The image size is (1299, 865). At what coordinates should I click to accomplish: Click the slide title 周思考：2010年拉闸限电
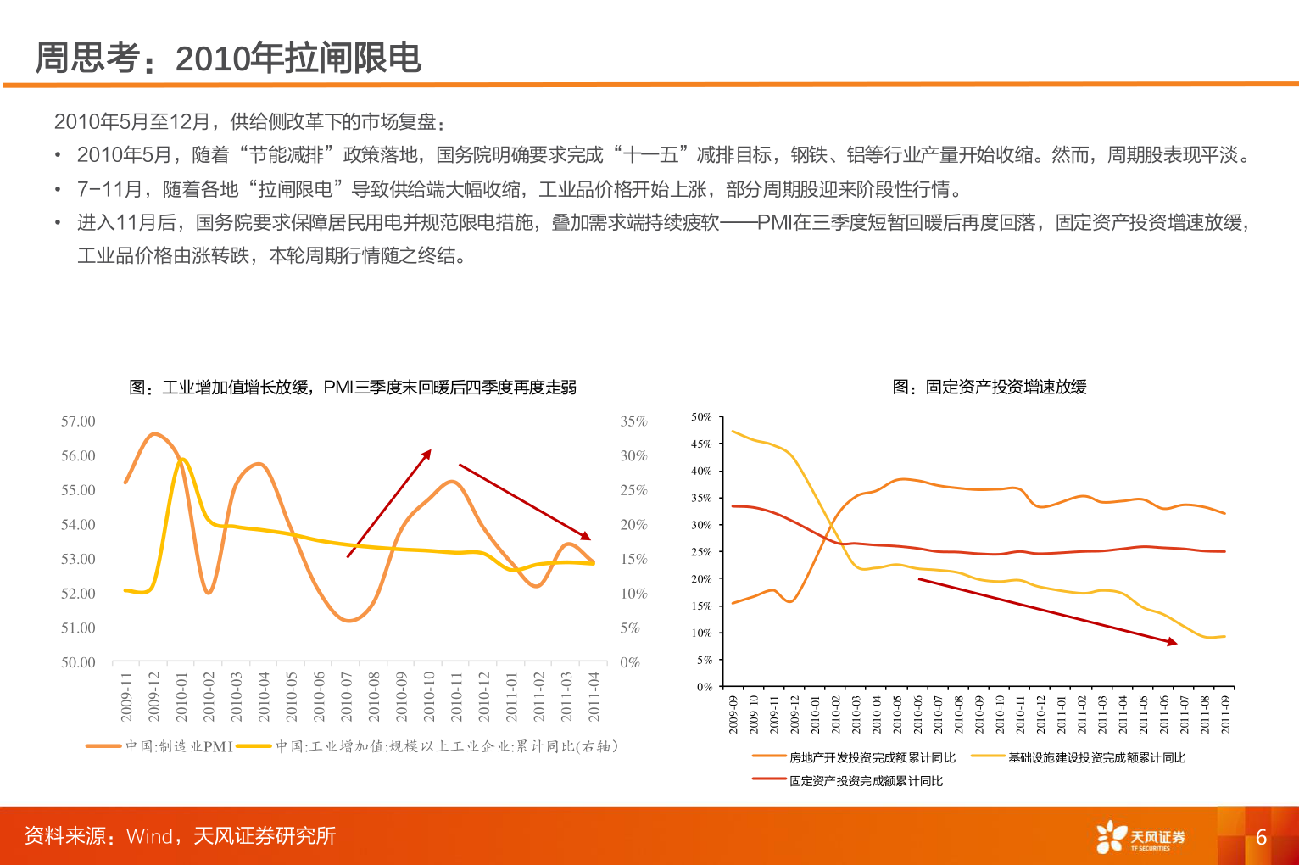click(x=228, y=59)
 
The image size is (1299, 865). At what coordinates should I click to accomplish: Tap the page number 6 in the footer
click(x=1261, y=837)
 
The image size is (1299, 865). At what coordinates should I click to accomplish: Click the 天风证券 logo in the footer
click(x=1140, y=837)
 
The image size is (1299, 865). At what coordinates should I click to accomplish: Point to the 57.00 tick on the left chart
click(x=78, y=421)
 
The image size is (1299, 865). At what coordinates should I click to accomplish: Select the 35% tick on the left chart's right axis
click(x=633, y=421)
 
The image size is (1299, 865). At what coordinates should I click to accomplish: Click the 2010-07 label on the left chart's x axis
click(x=347, y=697)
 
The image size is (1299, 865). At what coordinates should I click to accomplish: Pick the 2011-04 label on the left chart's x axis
click(x=594, y=697)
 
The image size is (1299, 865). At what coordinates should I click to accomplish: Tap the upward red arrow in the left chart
click(x=389, y=504)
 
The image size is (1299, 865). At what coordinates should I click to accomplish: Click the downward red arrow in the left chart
click(x=524, y=501)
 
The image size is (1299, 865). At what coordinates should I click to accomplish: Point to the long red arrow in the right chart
click(x=1047, y=611)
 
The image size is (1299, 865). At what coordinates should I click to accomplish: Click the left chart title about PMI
click(x=353, y=388)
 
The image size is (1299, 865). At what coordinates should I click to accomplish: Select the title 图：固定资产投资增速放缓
click(x=990, y=388)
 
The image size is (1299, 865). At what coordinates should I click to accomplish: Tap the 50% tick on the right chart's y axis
click(x=701, y=417)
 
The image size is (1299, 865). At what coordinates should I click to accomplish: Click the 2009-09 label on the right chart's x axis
click(x=733, y=714)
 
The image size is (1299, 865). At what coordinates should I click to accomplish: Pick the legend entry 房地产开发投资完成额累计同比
click(x=872, y=757)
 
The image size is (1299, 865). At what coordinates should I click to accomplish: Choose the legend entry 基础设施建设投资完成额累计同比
click(x=1096, y=757)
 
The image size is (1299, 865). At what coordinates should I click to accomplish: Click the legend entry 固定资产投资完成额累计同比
click(x=865, y=781)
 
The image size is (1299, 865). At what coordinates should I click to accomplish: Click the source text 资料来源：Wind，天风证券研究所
click(x=180, y=836)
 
